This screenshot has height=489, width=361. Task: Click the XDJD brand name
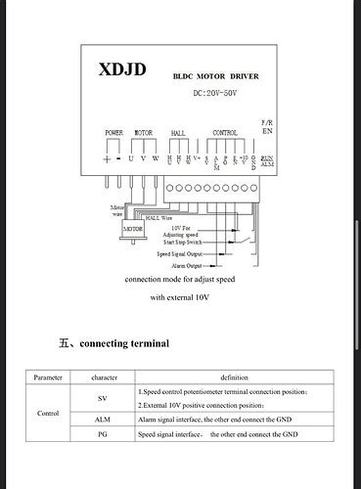tap(122, 69)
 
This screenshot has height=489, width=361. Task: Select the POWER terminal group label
tap(114, 132)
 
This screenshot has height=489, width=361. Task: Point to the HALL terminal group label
tap(178, 132)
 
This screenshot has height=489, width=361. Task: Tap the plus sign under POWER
tap(107, 157)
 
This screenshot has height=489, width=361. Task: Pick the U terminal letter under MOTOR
tap(131, 157)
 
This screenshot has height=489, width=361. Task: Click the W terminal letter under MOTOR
tap(154, 157)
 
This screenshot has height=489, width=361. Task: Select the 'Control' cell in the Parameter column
tap(48, 413)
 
